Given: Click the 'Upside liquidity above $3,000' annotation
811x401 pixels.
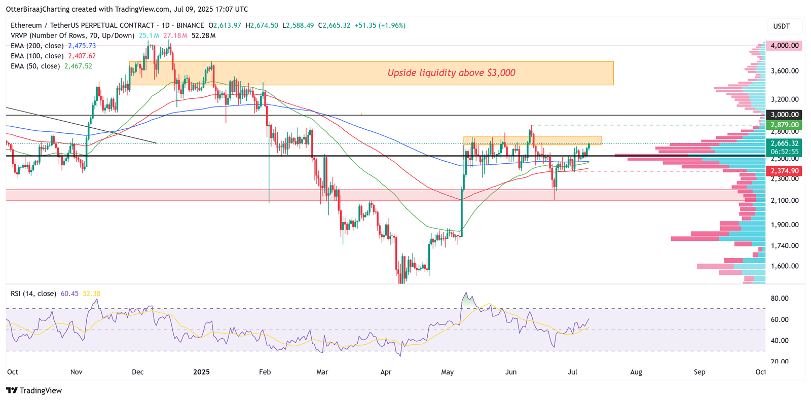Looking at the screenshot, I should (x=451, y=73).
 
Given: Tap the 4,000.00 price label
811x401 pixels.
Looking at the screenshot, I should (x=784, y=46).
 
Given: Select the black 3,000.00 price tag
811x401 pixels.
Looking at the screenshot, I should (x=784, y=115).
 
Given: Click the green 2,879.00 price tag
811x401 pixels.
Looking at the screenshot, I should (x=784, y=125).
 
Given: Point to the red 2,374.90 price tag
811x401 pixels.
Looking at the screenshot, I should (x=784, y=171).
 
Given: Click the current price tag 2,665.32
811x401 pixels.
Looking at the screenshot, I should (x=784, y=143).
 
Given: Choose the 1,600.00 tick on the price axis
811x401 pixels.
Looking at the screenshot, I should (x=784, y=266).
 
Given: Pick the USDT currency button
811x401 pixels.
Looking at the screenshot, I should (x=781, y=26).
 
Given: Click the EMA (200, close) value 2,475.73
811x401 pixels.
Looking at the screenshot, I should (x=82, y=46).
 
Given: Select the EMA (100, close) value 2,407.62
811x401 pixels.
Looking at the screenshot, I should (x=82, y=56).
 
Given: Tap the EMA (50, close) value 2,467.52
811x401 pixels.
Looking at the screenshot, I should (x=78, y=66).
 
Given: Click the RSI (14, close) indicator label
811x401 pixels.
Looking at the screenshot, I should (x=33, y=294).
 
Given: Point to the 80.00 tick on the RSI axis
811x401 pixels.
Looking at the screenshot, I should (x=780, y=299).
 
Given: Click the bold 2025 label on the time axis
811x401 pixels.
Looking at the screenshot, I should (x=201, y=372).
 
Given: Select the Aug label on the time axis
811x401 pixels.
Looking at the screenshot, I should (x=636, y=372).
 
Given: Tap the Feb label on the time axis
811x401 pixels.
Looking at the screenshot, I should (x=265, y=372).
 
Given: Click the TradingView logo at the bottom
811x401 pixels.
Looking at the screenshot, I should (x=34, y=390).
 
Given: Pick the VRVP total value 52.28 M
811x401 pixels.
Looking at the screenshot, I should (x=203, y=35).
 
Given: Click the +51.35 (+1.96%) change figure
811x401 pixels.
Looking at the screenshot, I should (x=380, y=25).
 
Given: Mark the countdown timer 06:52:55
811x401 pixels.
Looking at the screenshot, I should (x=784, y=152).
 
